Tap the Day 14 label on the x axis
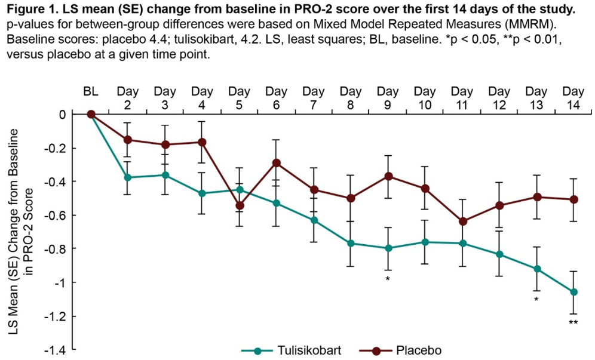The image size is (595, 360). [x=573, y=98]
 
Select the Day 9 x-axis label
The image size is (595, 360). [x=388, y=98]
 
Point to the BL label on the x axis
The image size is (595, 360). [x=91, y=93]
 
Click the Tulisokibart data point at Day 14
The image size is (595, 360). [x=573, y=292]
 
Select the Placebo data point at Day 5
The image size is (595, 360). [x=240, y=205]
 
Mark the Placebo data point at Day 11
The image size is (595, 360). [x=462, y=221]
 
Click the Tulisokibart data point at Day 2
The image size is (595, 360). [x=128, y=177]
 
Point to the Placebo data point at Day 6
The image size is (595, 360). [x=277, y=162]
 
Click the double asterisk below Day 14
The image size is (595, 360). [x=573, y=323]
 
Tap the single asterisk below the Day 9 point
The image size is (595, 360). [x=388, y=279]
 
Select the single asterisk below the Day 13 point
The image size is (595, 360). [x=536, y=299]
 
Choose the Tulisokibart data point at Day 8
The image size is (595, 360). [x=351, y=243]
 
